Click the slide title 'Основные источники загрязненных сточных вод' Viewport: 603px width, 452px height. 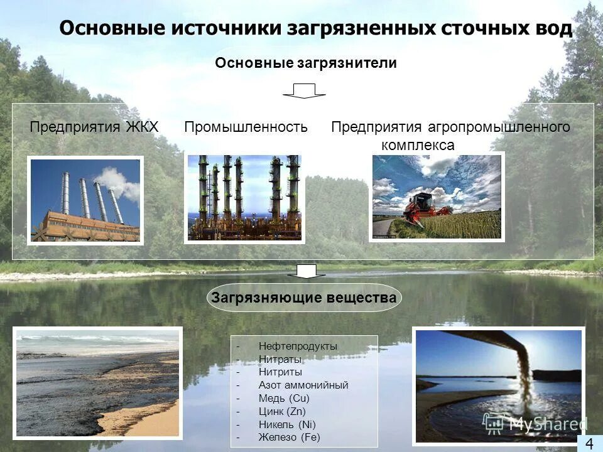315,29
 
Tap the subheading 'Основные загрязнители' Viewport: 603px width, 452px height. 306,63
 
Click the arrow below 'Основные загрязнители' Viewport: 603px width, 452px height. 304,90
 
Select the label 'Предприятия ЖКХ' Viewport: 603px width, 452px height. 94,127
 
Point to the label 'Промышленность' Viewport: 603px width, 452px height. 246,127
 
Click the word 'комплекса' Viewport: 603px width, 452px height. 417,145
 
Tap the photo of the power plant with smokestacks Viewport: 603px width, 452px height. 85,200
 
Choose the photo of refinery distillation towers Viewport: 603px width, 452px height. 244,198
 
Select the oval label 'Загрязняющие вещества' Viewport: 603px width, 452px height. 304,298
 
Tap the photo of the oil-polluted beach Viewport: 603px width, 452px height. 97,383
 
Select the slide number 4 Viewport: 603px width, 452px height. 589,443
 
